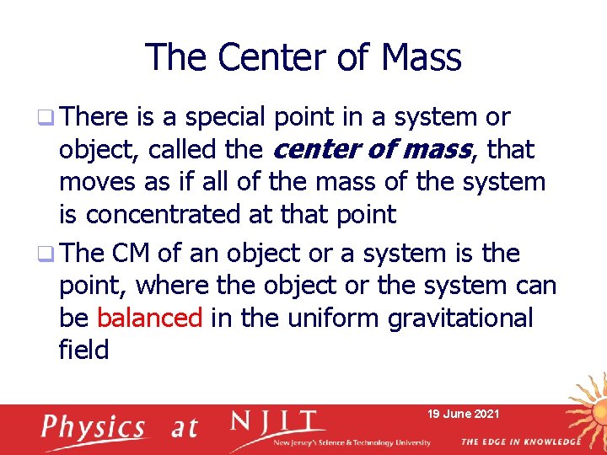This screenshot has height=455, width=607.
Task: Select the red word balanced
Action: coord(150,318)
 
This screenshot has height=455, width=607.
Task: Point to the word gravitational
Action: coord(460,318)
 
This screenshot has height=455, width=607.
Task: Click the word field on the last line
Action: coord(83,350)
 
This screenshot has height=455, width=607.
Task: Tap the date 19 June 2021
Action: coord(464,414)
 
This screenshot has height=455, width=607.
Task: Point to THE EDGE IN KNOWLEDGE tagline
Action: coord(520,442)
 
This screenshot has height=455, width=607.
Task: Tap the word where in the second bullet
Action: coord(174,286)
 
